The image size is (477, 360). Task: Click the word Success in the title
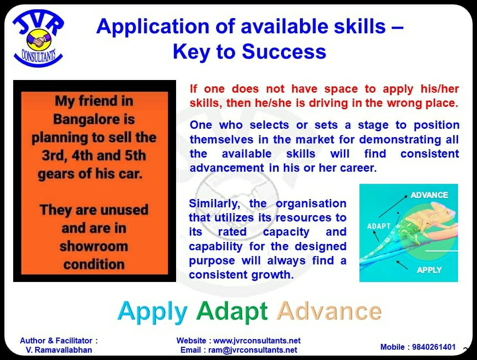tap(284, 51)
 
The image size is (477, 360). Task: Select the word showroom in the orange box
tap(94, 246)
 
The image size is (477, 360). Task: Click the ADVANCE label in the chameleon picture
tap(429, 195)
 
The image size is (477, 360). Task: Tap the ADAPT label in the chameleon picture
tap(379, 226)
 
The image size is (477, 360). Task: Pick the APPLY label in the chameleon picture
tap(429, 270)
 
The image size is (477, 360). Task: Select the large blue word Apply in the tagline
tap(152, 312)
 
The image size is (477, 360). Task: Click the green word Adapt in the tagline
tap(232, 311)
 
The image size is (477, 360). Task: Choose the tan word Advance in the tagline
tap(329, 311)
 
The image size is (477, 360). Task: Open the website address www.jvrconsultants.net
tap(257, 340)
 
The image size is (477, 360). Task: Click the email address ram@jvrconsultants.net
tap(253, 350)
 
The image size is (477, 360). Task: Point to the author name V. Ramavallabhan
tap(59, 350)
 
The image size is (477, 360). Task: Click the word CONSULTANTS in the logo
tap(39, 56)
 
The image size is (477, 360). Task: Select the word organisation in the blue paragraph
tap(311, 203)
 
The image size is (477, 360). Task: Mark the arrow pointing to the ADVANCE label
tap(393, 206)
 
